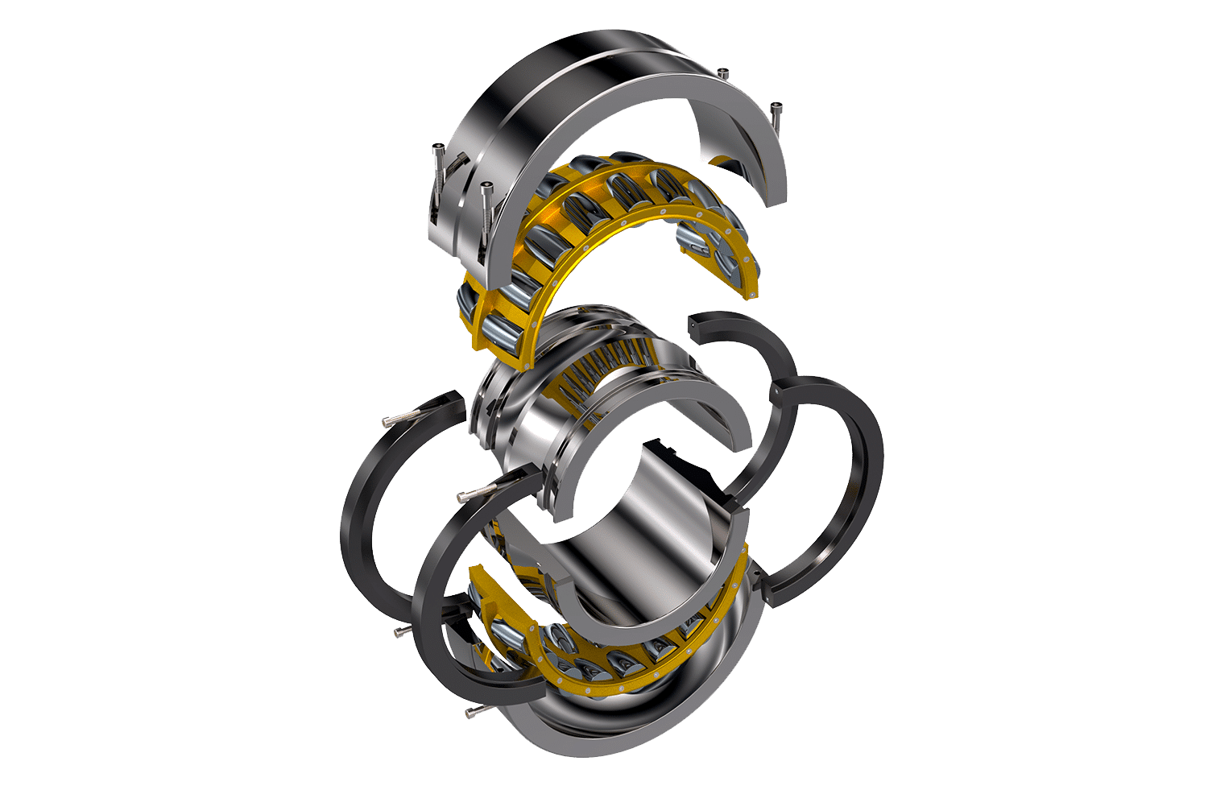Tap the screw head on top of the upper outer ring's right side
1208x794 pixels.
[x=722, y=74]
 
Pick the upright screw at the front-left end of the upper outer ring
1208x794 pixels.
[x=486, y=190]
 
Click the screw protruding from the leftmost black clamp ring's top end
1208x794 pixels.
[x=392, y=420]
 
